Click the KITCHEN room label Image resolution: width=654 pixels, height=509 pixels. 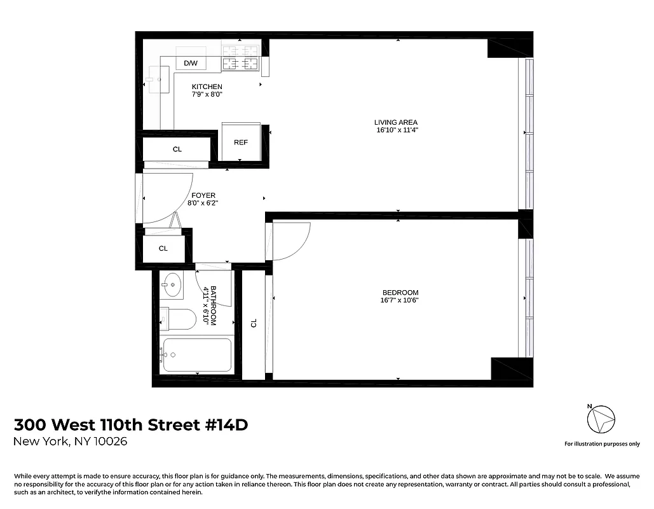[x=207, y=87]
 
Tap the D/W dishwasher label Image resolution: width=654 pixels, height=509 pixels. [x=191, y=63]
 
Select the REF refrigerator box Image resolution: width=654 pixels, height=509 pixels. [x=241, y=142]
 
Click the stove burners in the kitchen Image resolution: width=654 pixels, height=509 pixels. [x=240, y=56]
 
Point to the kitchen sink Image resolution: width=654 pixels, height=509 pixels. [x=156, y=81]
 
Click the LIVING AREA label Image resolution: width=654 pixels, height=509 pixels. [x=396, y=122]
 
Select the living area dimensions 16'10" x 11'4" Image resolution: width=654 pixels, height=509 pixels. [x=397, y=130]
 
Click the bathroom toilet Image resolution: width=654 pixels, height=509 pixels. [x=179, y=319]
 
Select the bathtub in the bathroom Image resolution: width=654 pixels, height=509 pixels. [x=197, y=354]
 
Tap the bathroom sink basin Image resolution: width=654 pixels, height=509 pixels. [x=172, y=284]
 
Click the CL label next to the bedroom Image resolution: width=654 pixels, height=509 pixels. [x=254, y=323]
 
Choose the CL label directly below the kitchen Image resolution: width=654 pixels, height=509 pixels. [x=177, y=150]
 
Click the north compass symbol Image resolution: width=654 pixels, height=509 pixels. [x=601, y=420]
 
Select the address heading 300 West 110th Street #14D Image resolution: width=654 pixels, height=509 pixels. [x=131, y=424]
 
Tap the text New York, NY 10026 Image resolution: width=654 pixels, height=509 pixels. [x=71, y=442]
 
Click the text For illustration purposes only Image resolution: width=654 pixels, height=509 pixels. [x=602, y=444]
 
